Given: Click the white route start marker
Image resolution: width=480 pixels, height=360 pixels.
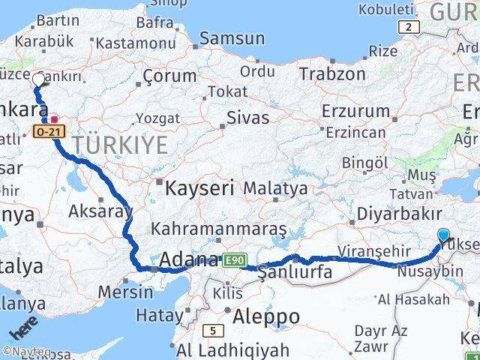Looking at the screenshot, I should pos(38,78).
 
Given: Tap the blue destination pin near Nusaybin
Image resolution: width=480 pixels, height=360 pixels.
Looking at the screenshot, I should pos(443,235).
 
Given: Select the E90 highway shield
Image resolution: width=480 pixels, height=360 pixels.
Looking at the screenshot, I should pos(233,260).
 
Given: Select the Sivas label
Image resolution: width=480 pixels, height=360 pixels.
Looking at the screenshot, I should pos(249,118).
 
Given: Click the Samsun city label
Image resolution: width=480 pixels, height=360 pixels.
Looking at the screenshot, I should pos(232,38).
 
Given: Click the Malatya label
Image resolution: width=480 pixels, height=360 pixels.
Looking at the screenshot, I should pos(275,188).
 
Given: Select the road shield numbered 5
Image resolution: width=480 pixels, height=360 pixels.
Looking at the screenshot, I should pos(214,330).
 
